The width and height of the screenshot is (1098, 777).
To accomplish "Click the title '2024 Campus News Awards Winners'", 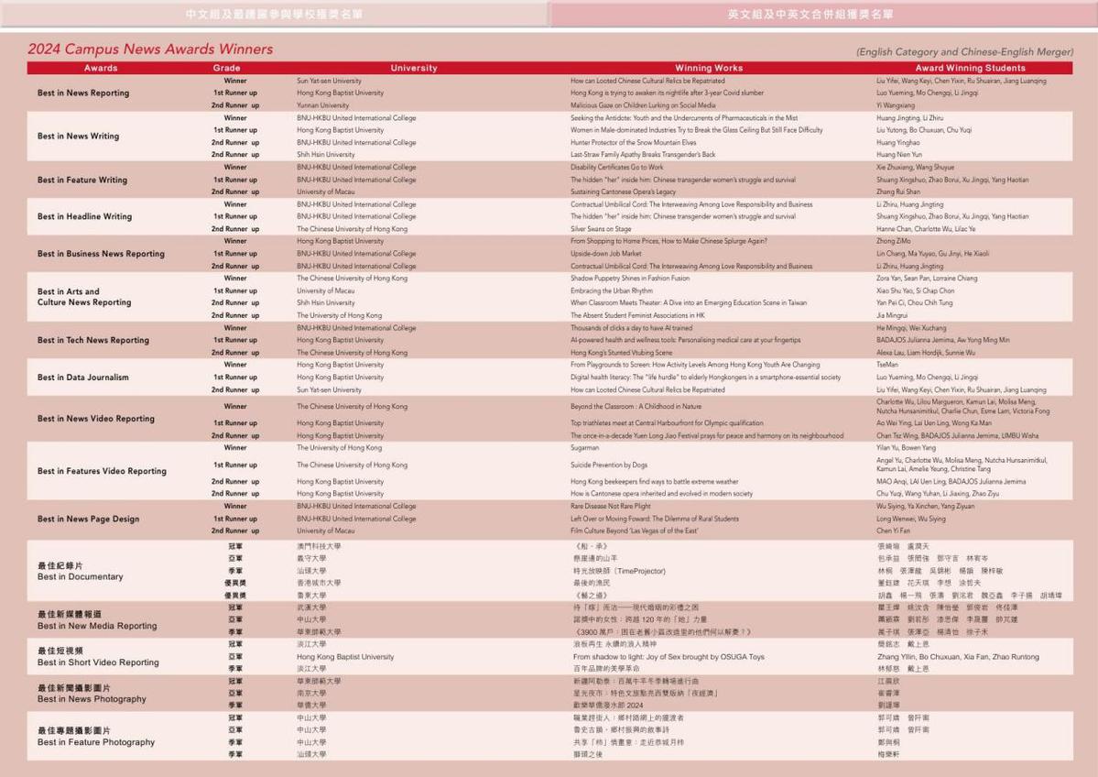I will [150, 49].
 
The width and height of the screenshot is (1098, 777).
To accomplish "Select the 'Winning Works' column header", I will [709, 68].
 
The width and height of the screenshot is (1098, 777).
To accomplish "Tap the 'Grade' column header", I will [227, 68].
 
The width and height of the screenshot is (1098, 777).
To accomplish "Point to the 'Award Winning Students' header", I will [970, 68].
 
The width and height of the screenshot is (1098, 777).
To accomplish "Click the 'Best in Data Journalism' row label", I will [83, 378].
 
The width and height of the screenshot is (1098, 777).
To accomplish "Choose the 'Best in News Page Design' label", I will [89, 519].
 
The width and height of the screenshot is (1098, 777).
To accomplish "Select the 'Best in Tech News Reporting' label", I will [93, 340].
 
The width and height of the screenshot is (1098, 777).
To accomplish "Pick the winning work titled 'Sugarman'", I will [585, 448].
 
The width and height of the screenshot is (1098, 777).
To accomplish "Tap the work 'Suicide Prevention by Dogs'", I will [609, 465].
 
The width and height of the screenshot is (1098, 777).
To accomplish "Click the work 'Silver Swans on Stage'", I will [601, 229].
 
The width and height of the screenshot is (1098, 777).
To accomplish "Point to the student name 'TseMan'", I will [889, 365].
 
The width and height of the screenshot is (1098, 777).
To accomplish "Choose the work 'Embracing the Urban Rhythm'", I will [612, 290].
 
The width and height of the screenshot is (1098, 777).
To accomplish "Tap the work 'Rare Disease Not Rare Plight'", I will [611, 506].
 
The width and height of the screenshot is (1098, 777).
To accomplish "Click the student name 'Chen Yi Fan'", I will [895, 531].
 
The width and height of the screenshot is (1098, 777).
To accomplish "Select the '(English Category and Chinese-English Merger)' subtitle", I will [964, 52].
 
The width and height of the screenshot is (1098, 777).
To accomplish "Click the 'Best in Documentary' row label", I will [81, 577].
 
